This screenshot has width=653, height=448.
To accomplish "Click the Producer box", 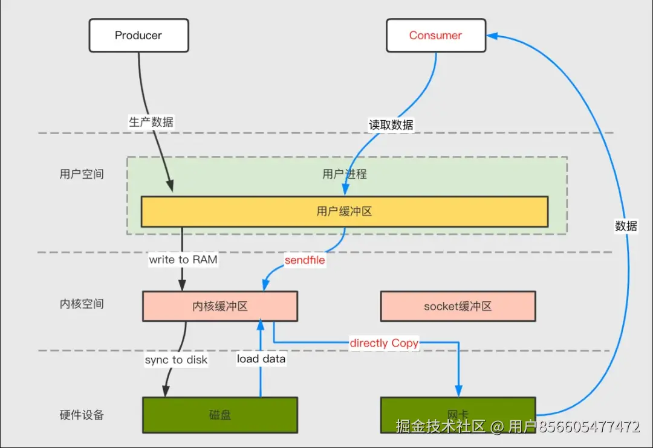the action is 138,36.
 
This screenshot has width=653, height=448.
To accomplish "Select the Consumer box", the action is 436,36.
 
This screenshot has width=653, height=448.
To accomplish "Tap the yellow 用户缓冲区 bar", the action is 345,212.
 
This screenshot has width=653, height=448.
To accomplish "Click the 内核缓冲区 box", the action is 220,306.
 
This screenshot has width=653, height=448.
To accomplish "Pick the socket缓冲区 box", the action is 458,306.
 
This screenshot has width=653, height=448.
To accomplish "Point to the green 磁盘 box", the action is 220,415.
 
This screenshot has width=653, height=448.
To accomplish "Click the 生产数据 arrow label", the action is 151,122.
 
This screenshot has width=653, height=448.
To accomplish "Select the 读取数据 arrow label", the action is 391,125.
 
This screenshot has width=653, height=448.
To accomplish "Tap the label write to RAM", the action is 183,260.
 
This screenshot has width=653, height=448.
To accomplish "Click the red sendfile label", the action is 305,260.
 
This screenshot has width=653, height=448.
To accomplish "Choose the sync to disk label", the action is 176,360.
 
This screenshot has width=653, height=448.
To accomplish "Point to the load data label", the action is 261,359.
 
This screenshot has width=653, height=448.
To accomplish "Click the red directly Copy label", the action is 384,343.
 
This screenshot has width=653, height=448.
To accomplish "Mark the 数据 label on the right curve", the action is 626,226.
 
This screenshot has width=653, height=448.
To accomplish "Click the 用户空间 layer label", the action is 82,174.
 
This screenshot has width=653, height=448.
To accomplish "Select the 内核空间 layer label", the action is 82,304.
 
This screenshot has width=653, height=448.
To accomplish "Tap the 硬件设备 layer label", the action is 82,415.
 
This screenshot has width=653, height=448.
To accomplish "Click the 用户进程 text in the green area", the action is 345,174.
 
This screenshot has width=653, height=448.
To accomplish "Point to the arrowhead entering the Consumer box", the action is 492,36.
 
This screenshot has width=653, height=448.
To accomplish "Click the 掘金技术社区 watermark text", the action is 441,426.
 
